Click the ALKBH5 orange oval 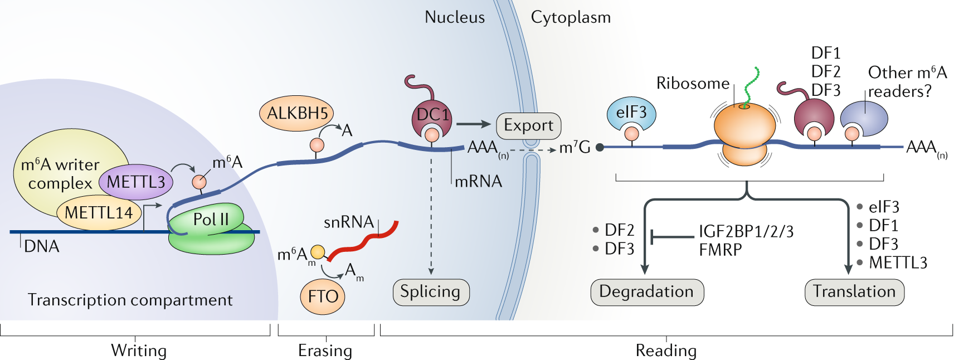click(296, 113)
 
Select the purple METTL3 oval click(136, 182)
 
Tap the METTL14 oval click(99, 213)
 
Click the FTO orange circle click(323, 296)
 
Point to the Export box click(528, 125)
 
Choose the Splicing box click(431, 292)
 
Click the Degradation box click(646, 292)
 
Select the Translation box click(854, 292)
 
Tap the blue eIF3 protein click(631, 113)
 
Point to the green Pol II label click(210, 220)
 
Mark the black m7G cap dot click(600, 148)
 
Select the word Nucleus click(455, 17)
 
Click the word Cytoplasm click(571, 17)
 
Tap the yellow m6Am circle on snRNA click(318, 252)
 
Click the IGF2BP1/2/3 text click(746, 231)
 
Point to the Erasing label click(325, 351)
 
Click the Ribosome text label click(693, 84)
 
